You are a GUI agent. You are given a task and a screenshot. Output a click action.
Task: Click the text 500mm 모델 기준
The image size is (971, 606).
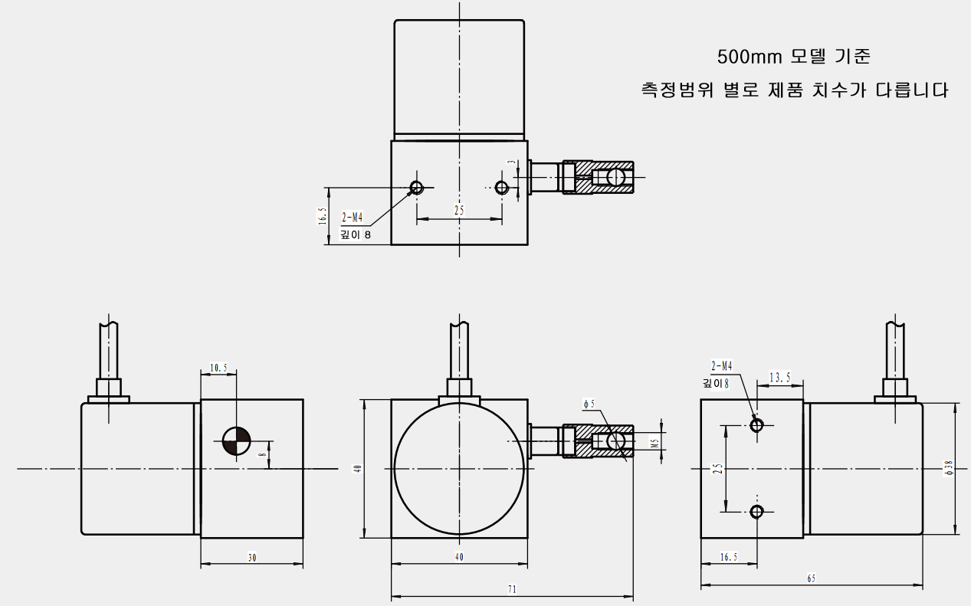point(793,57)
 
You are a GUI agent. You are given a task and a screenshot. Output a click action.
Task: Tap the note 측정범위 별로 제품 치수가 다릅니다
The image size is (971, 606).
point(795,90)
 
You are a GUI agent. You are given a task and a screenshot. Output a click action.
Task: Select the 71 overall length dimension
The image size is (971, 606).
point(512,590)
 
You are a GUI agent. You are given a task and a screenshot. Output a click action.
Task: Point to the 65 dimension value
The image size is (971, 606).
point(812,580)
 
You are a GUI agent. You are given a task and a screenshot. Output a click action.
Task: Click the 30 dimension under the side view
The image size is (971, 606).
point(251,558)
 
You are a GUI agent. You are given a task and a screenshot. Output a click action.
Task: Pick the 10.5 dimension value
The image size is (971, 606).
point(218,368)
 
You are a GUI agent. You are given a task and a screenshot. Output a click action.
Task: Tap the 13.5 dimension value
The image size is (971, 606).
point(779,377)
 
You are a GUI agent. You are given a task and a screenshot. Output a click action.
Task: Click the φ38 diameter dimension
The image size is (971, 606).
point(949,468)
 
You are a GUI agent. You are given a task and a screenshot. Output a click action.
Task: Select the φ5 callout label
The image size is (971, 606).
point(589,404)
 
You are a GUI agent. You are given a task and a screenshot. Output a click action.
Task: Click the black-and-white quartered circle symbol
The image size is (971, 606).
point(236,440)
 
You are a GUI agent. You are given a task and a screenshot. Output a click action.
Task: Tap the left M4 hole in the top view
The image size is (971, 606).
point(417,188)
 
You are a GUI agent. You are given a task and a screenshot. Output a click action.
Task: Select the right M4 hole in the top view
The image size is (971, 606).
point(502,188)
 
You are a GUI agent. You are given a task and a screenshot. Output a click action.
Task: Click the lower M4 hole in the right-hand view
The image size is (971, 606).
point(757,511)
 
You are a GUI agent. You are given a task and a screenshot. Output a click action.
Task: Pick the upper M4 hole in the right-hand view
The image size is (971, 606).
point(757,425)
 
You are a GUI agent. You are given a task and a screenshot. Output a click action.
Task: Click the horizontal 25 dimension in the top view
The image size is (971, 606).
point(459,210)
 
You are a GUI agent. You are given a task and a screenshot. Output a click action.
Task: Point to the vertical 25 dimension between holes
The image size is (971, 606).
point(717,468)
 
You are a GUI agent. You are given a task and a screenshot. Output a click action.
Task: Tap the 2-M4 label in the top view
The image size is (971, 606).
point(353,218)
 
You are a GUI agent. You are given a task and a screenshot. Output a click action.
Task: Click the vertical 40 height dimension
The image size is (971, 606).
point(356,468)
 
